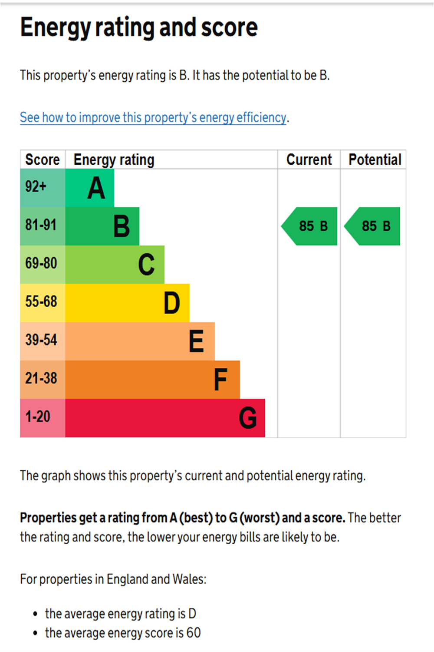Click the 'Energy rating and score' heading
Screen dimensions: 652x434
pyautogui.click(x=139, y=27)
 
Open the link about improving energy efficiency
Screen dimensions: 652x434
pyautogui.click(x=153, y=117)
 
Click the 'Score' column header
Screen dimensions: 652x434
pyautogui.click(x=43, y=160)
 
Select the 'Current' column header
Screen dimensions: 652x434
pyautogui.click(x=309, y=160)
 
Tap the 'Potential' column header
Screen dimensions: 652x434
pyautogui.click(x=375, y=160)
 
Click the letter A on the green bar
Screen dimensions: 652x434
pyautogui.click(x=96, y=188)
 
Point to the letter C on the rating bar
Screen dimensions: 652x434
pyautogui.click(x=147, y=265)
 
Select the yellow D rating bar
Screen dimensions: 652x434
pyautogui.click(x=127, y=303)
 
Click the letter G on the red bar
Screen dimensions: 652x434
pyautogui.click(x=248, y=418)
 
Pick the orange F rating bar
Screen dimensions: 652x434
pyautogui.click(x=152, y=379)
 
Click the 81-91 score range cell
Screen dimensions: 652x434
pyautogui.click(x=43, y=226)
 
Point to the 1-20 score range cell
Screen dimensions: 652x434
pyautogui.click(x=43, y=417)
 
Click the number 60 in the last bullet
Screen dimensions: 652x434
pyautogui.click(x=194, y=633)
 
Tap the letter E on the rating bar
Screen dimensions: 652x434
pyautogui.click(x=197, y=341)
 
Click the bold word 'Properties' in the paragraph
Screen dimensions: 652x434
pyautogui.click(x=48, y=518)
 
